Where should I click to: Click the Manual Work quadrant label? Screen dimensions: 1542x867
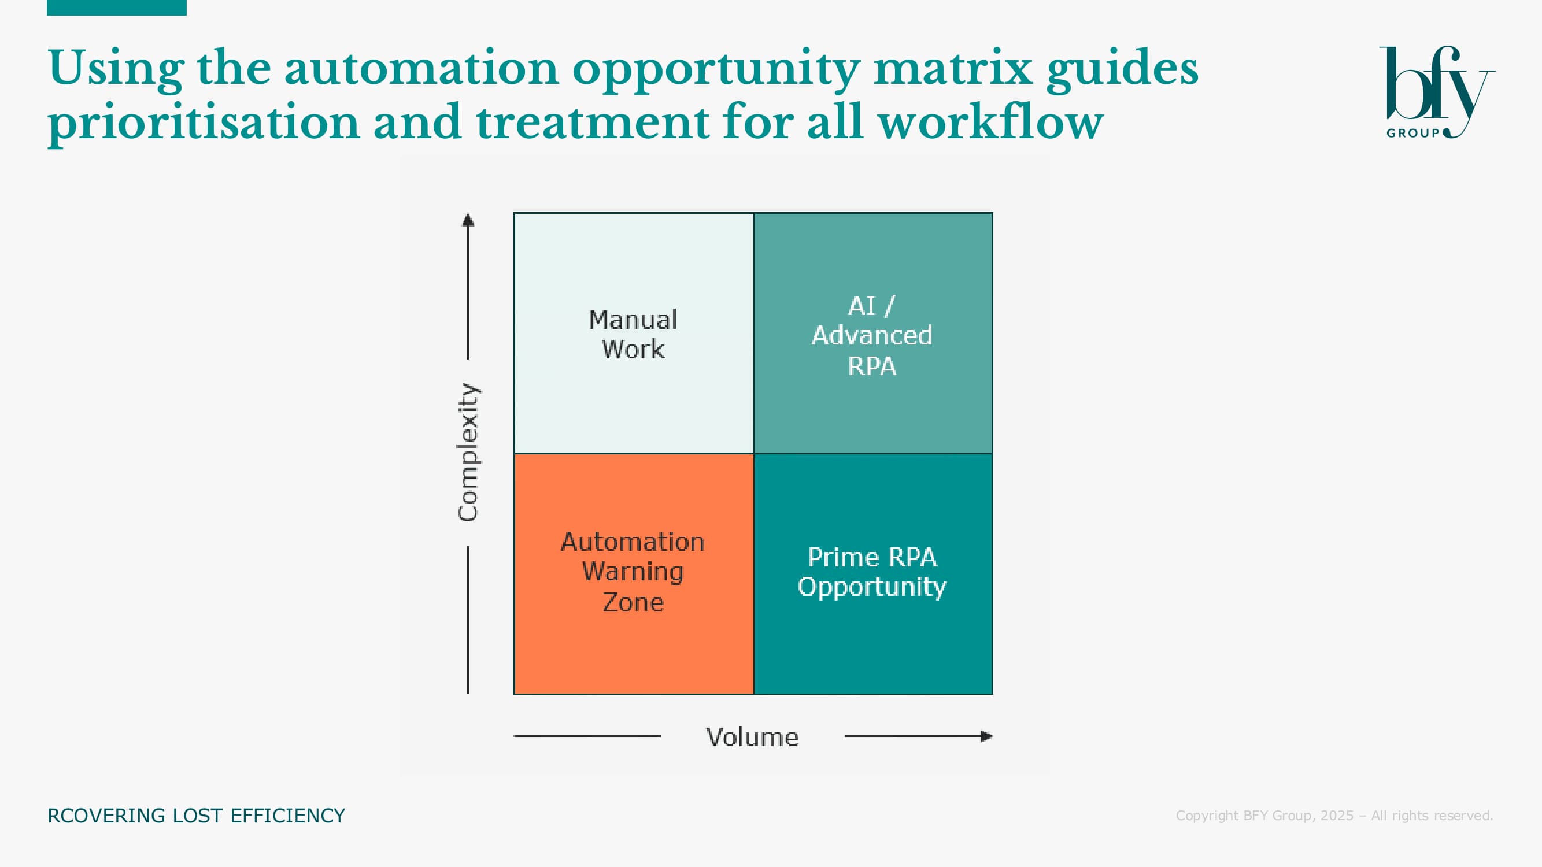633,335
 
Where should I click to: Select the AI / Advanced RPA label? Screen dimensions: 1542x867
872,336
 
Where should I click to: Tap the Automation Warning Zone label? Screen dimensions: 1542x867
633,572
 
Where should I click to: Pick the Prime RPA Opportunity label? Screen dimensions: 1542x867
872,572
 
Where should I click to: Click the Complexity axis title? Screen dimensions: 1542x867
468,452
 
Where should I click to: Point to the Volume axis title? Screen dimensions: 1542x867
752,736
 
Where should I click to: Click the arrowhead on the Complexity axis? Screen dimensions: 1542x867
468,220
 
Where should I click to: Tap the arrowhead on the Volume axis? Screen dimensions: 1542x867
987,736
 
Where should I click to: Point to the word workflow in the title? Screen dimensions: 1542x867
990,121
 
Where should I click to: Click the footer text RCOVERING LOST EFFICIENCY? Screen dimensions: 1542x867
197,816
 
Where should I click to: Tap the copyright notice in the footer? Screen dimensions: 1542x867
1334,816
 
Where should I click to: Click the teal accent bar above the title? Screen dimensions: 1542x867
117,7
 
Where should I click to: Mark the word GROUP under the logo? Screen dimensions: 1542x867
1412,133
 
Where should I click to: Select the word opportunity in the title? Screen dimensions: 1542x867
716,70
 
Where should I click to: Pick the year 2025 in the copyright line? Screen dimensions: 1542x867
1337,816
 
